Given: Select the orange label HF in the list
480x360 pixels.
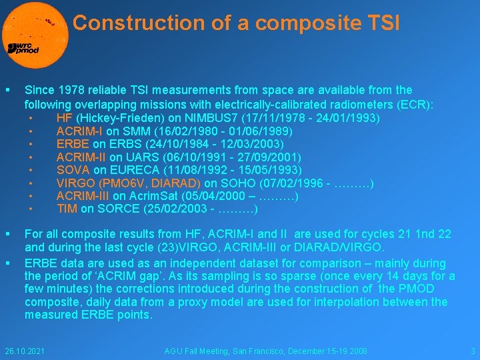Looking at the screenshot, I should click(x=65, y=118).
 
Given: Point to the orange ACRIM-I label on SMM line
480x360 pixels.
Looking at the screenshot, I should click(x=79, y=131).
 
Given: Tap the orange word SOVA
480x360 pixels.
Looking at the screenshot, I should click(x=73, y=170).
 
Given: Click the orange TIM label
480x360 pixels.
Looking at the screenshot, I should click(x=67, y=209).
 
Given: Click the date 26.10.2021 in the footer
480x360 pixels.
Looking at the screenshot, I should click(x=24, y=351).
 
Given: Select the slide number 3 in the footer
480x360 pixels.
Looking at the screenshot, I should click(x=472, y=351).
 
